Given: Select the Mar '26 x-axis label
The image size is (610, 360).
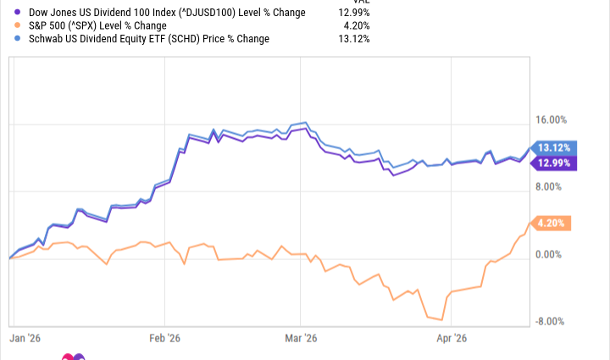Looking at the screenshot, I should click(301, 338).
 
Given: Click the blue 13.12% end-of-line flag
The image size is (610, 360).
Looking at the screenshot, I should click(552, 147).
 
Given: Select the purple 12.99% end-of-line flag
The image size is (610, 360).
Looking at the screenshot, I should click(552, 163).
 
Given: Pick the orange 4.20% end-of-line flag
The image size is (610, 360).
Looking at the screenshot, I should click(552, 224).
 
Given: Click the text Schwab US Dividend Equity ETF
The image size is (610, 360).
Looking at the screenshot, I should click(103, 39).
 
